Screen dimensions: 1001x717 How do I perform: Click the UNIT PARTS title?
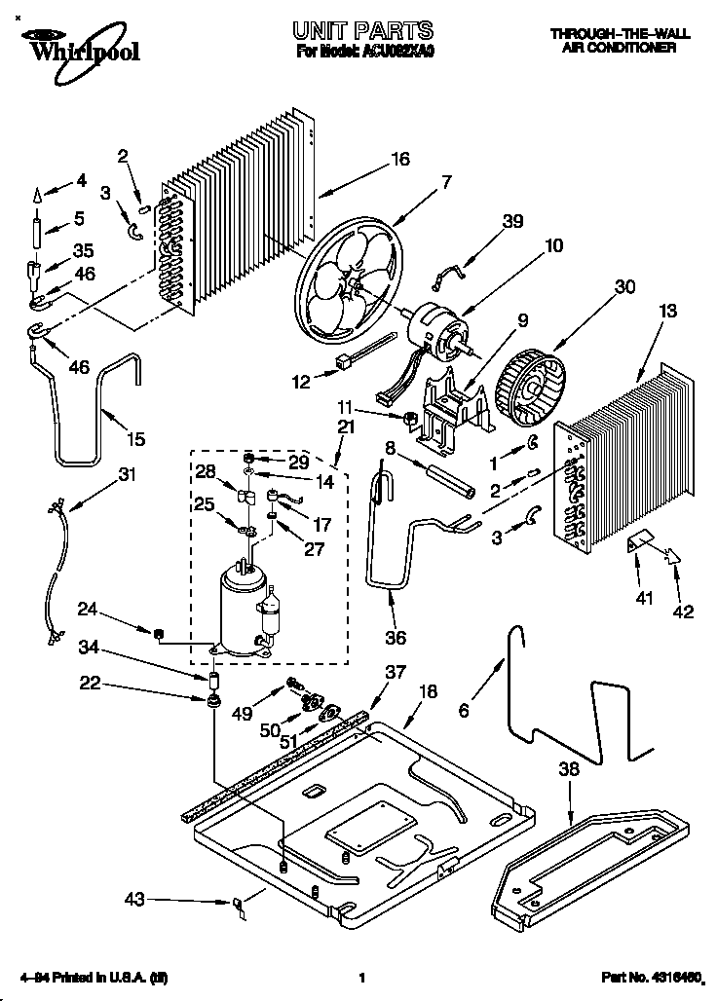click(363, 32)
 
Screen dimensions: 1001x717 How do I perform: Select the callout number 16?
click(400, 160)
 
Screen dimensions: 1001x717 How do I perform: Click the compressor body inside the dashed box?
click(239, 609)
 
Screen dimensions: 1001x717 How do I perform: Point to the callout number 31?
click(127, 474)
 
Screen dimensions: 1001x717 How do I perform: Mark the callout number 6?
click(464, 712)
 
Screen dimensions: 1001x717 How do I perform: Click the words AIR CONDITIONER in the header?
click(620, 48)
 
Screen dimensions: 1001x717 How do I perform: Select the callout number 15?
click(135, 439)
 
